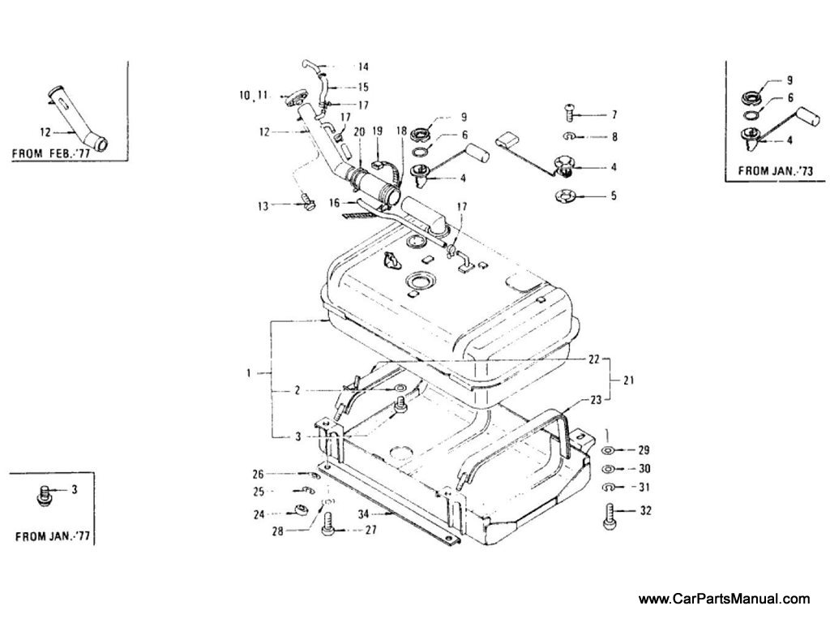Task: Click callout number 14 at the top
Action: (362, 67)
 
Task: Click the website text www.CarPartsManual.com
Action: (724, 599)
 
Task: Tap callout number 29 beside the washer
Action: (644, 449)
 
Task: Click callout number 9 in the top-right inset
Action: (789, 81)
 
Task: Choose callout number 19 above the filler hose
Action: (377, 131)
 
